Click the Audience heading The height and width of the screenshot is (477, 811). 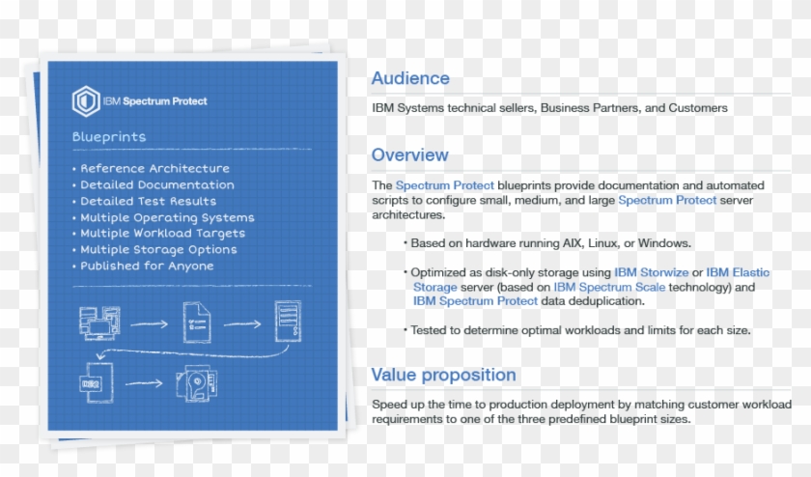click(410, 79)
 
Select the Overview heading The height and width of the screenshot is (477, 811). click(409, 155)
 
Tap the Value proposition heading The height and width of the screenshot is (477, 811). click(443, 375)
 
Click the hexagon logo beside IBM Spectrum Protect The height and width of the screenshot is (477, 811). click(85, 100)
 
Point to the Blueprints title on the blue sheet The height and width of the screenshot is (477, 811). click(109, 137)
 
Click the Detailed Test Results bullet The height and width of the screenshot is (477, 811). click(148, 201)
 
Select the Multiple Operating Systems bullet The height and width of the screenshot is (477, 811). click(167, 217)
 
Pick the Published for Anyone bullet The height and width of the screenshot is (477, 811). click(147, 266)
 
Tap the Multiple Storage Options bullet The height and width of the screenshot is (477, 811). click(158, 249)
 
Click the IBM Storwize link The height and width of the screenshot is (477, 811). click(652, 272)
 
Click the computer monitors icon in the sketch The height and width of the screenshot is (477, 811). click(100, 323)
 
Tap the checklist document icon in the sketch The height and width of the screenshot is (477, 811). click(197, 323)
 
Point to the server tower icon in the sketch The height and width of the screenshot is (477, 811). click(288, 322)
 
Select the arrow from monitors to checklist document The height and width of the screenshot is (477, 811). click(149, 324)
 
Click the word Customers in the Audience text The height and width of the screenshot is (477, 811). click(698, 108)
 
